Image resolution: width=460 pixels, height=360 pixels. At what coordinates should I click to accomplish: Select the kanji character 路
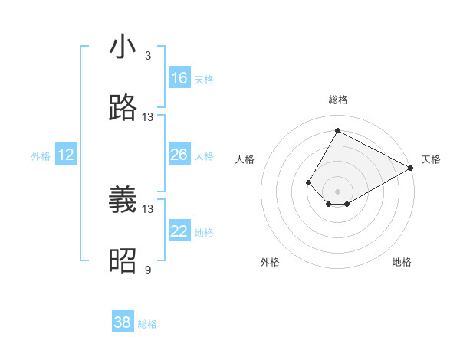click(123, 108)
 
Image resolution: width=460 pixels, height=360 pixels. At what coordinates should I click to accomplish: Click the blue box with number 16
click(179, 78)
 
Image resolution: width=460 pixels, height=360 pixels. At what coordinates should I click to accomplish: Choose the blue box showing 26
click(179, 155)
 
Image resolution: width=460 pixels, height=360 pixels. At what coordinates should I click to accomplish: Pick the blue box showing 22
click(179, 231)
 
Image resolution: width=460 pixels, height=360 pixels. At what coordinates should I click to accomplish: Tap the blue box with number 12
click(65, 155)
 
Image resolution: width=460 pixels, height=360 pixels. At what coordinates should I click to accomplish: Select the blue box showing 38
click(123, 322)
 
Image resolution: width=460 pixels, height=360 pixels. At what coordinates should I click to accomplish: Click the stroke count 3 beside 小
click(148, 56)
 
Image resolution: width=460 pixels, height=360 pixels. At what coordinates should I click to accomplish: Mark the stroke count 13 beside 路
click(148, 117)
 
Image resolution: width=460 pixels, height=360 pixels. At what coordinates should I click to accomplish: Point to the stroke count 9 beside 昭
click(148, 270)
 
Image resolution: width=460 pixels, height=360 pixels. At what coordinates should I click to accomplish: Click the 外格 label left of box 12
click(41, 156)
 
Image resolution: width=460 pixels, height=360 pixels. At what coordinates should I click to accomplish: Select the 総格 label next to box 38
click(147, 324)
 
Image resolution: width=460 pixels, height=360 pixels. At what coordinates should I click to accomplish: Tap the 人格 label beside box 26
click(204, 156)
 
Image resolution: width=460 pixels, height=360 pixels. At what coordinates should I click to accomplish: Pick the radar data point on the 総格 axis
click(337, 130)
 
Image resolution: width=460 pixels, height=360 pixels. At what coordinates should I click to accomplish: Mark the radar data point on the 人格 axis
click(308, 182)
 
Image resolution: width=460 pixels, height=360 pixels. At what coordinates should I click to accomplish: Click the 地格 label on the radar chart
click(402, 262)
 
